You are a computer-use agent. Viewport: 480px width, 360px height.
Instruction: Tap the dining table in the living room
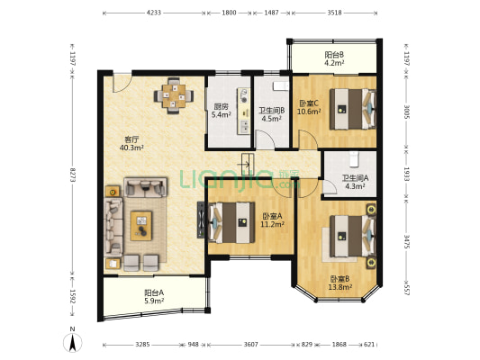click(x=174, y=95)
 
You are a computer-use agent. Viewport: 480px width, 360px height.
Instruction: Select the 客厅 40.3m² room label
click(x=131, y=143)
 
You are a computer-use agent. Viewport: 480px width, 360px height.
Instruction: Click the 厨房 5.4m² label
click(x=221, y=111)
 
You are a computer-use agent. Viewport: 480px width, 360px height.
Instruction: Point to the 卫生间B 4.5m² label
click(x=272, y=114)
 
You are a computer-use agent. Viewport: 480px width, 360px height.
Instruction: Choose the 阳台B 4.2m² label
click(x=334, y=58)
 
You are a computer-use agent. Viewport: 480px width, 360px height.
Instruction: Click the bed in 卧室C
click(x=353, y=109)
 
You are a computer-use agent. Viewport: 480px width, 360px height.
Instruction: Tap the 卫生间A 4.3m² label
click(x=355, y=182)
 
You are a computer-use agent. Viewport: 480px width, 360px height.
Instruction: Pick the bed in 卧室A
click(x=231, y=222)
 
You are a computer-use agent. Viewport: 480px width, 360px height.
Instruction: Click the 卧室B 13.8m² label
click(x=340, y=283)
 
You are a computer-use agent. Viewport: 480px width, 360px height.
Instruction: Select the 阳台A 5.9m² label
click(x=154, y=297)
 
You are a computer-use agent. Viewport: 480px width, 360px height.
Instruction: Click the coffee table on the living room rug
click(x=141, y=226)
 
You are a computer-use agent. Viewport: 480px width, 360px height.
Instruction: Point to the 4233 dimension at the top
click(x=154, y=13)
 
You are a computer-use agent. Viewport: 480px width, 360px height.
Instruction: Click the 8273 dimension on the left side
click(x=73, y=175)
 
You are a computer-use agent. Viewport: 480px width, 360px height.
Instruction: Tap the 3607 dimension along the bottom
click(x=250, y=345)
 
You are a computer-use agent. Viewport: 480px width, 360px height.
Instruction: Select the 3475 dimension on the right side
click(x=407, y=242)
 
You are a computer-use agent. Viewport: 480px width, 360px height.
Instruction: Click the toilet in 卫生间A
click(x=354, y=159)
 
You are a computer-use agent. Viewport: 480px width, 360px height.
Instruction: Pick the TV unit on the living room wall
click(x=201, y=220)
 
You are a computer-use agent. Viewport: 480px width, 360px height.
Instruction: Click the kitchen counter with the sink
click(x=244, y=111)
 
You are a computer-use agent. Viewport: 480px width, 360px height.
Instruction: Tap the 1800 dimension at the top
click(x=229, y=13)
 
